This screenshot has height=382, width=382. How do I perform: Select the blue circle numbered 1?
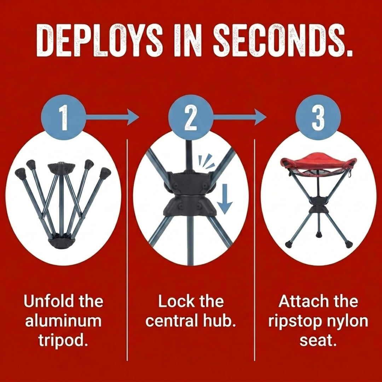click(64, 117)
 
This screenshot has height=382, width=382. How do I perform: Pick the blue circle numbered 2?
click(191, 117)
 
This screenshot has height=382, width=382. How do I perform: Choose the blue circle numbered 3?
click(318, 117)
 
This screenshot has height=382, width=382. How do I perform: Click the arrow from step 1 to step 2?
click(112, 117)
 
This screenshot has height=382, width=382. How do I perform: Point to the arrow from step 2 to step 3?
click(239, 117)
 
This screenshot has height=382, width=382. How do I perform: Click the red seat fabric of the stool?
click(319, 161)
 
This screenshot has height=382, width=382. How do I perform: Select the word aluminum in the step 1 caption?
click(63, 321)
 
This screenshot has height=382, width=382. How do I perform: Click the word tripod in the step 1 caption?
click(63, 341)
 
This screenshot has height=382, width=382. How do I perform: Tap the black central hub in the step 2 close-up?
click(190, 194)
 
